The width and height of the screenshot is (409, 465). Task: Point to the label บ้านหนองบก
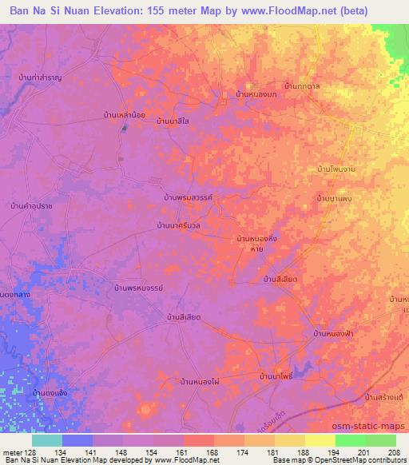point(256,94)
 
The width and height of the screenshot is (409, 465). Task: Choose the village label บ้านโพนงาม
point(335,170)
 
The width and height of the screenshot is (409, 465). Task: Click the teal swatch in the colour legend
point(47,440)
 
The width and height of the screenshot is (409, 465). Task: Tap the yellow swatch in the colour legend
point(320,440)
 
